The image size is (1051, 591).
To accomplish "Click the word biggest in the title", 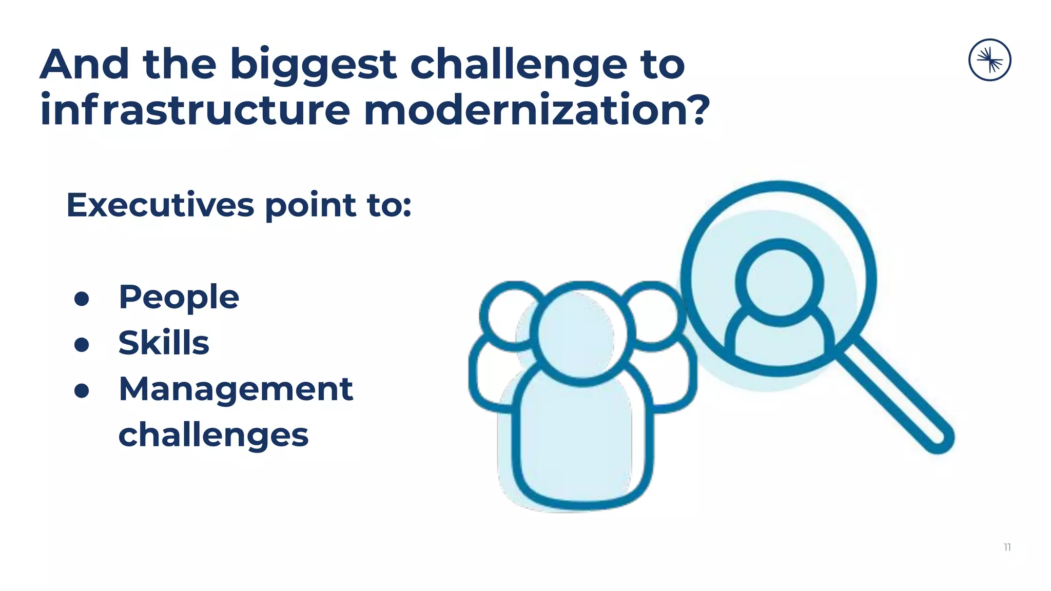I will (313, 65).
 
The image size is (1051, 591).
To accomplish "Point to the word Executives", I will (160, 205).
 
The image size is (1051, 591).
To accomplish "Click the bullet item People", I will (179, 298).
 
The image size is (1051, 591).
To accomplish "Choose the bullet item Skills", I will (164, 343).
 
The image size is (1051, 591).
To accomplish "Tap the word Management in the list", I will (236, 389).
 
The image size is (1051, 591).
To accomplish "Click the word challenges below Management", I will (213, 435).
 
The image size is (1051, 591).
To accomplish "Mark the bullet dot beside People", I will (82, 299).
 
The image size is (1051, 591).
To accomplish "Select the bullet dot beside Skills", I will (82, 344).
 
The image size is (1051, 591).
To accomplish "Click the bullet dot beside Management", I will (82, 390).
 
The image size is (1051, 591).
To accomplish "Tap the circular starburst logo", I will (989, 60).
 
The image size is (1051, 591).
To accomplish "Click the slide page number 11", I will (1007, 547).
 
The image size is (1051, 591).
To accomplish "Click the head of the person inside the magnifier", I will (779, 282).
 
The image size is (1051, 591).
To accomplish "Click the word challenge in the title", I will (518, 65).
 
